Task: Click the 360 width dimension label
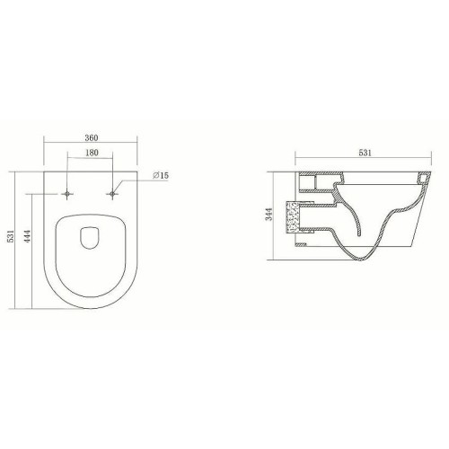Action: point(92,137)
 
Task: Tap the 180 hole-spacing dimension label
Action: point(92,153)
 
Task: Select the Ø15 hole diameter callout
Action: point(161,175)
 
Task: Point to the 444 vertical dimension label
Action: point(27,236)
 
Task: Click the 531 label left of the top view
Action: point(11,236)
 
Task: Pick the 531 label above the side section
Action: point(365,153)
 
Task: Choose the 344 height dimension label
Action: point(269,215)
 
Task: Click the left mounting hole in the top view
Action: point(67,194)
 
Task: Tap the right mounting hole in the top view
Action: point(112,194)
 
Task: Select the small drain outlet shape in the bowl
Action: point(90,238)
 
